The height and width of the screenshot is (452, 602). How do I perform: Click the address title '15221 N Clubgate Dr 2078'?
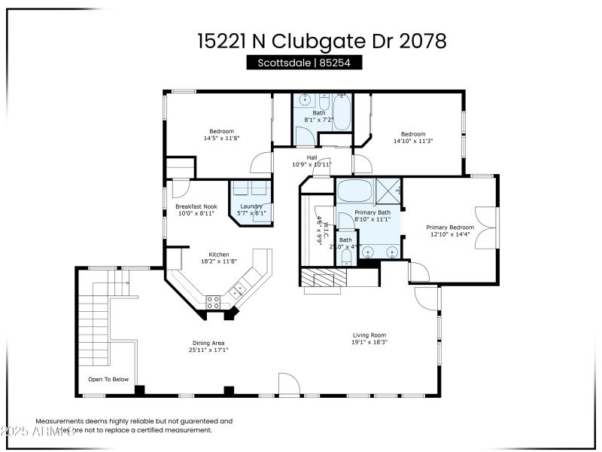pyautogui.click(x=322, y=41)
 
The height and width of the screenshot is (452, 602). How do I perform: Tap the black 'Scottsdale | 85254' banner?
pyautogui.click(x=304, y=63)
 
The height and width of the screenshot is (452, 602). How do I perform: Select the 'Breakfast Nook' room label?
pyautogui.click(x=196, y=206)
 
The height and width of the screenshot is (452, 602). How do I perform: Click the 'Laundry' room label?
pyautogui.click(x=251, y=206)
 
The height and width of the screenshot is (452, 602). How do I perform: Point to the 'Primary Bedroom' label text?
pyautogui.click(x=450, y=227)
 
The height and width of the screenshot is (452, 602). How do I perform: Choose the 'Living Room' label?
pyautogui.click(x=369, y=335)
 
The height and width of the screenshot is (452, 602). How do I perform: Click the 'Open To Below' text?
pyautogui.click(x=108, y=380)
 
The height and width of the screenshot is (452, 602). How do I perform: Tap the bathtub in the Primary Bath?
pyautogui.click(x=352, y=190)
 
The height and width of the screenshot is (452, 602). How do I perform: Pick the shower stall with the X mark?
pyautogui.click(x=388, y=190)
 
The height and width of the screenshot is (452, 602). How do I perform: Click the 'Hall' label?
pyautogui.click(x=312, y=157)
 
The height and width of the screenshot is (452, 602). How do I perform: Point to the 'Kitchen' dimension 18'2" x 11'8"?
pyautogui.click(x=218, y=261)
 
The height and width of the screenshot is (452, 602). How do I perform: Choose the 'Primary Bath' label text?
pyautogui.click(x=372, y=212)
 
